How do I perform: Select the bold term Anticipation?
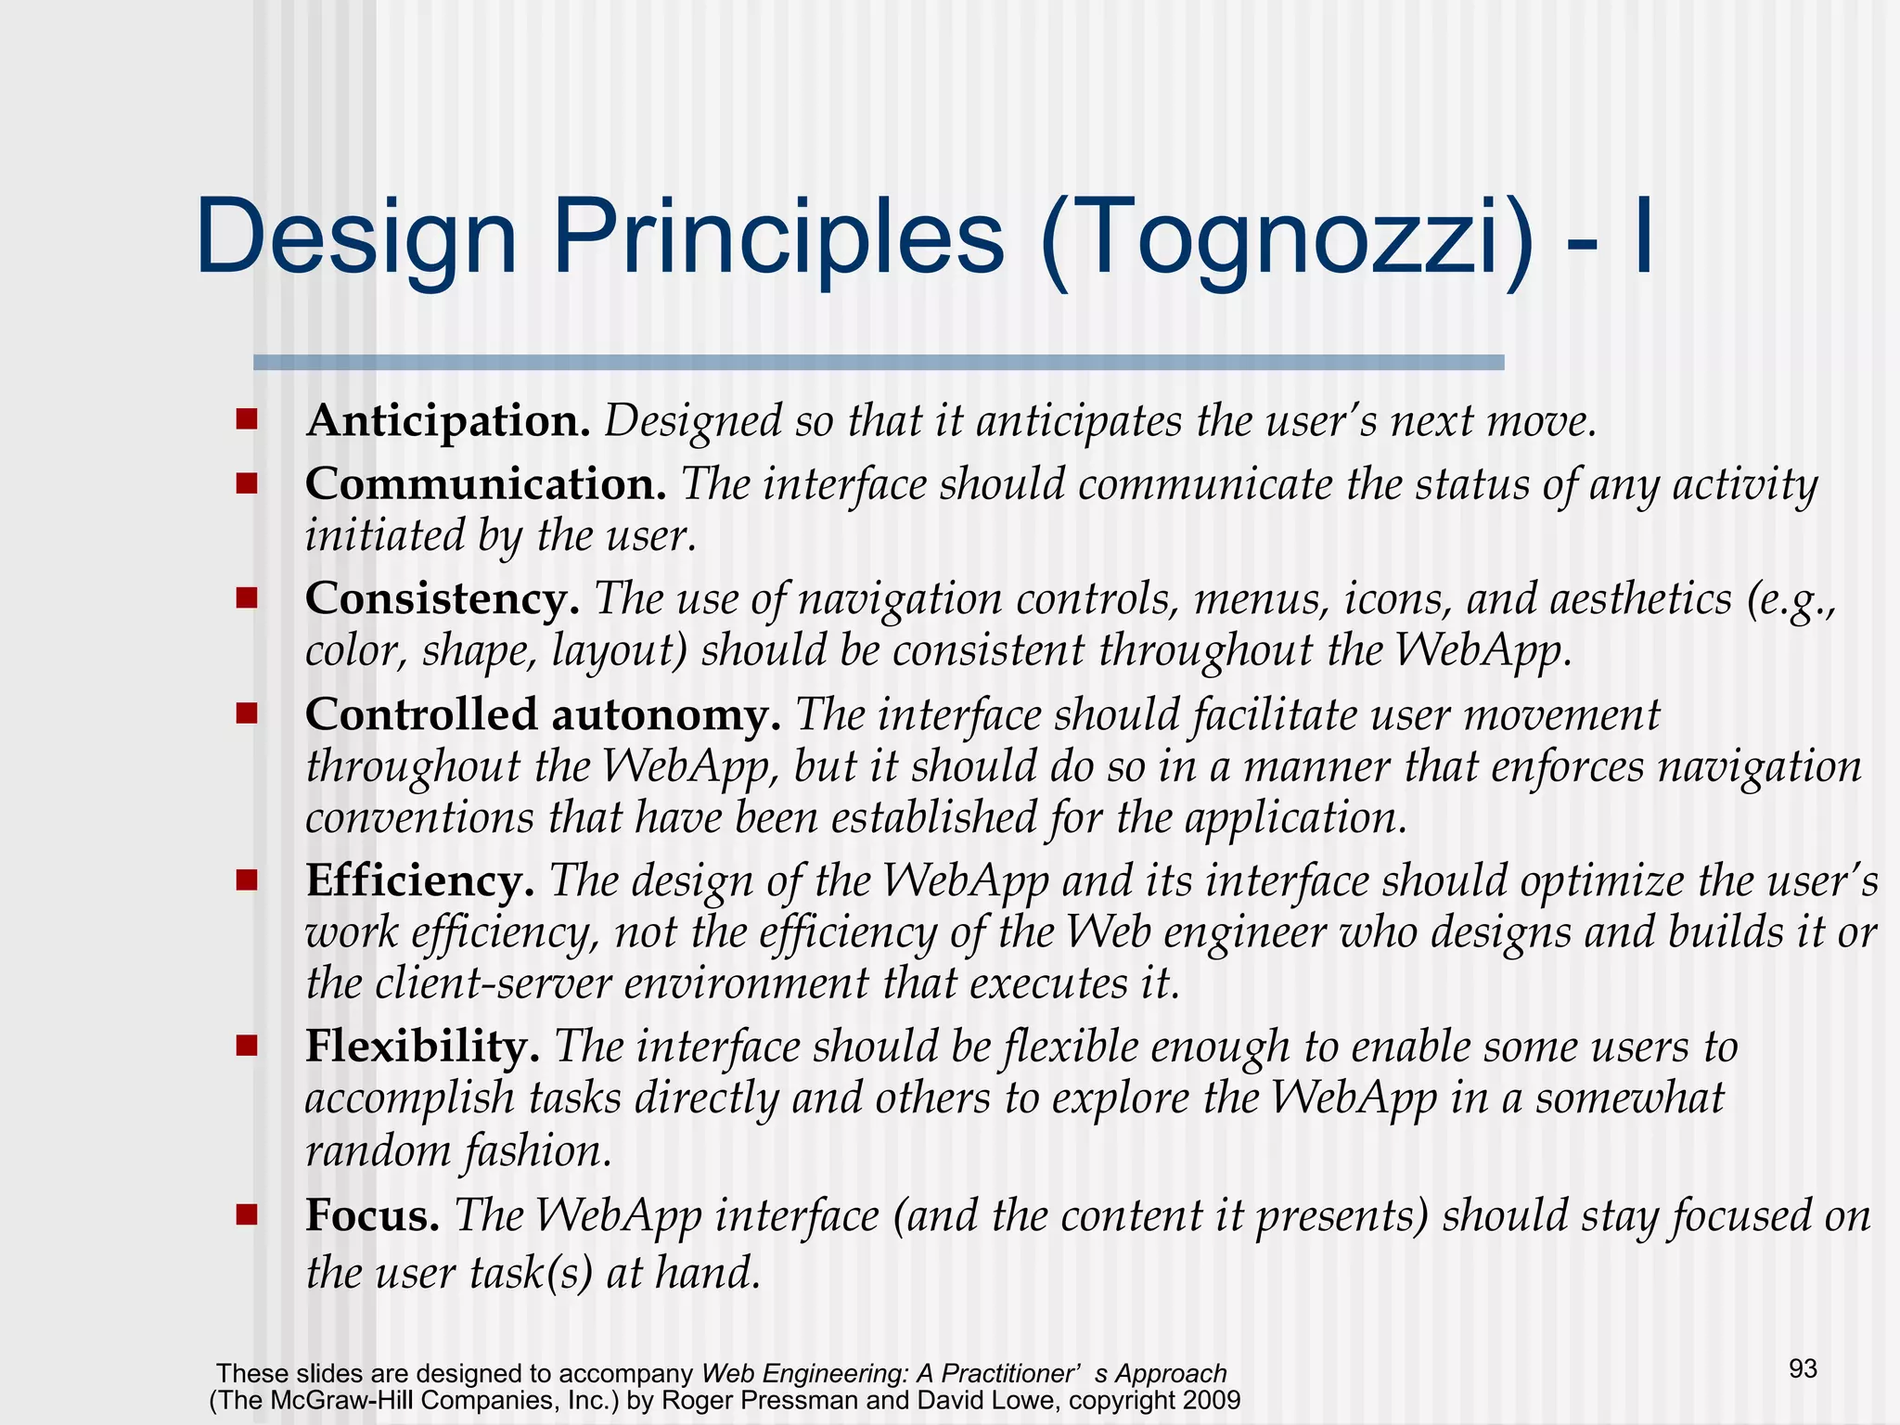coord(448,421)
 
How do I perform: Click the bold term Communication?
coord(485,484)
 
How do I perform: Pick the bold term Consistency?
coord(443,599)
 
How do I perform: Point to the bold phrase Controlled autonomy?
coord(543,715)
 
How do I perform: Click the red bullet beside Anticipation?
coord(246,419)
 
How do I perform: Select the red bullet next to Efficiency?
coord(246,879)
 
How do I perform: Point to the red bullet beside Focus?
coord(246,1214)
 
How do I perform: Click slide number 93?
coord(1803,1369)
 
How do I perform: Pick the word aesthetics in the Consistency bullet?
coord(1640,599)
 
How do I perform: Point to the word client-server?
coord(493,983)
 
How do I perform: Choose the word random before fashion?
coord(378,1151)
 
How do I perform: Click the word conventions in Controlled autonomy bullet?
coord(419,818)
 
